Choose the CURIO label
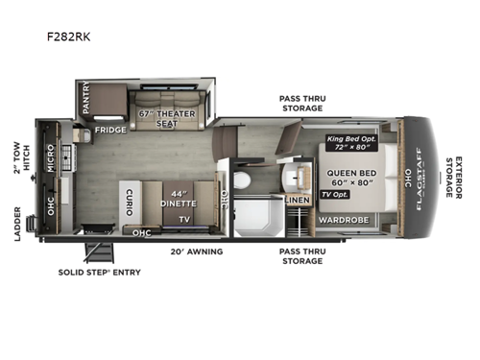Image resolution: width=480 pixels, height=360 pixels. [x=129, y=199]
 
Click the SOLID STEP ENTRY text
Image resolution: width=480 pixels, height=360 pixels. [x=99, y=273]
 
